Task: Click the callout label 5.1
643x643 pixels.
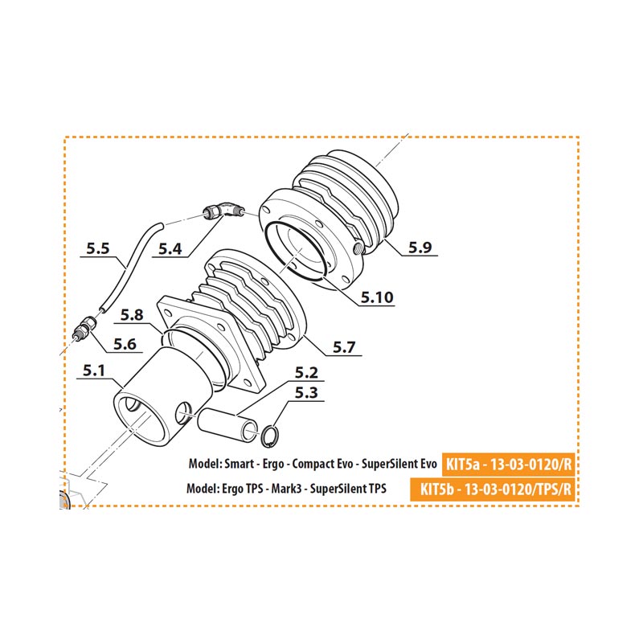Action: pyautogui.click(x=94, y=371)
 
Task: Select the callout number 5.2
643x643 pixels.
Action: pyautogui.click(x=306, y=373)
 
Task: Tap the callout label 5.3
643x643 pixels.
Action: pyautogui.click(x=306, y=393)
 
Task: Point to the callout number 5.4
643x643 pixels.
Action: pyautogui.click(x=170, y=249)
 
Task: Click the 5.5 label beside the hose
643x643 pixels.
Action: pyautogui.click(x=98, y=248)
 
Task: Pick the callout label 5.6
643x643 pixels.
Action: pyautogui.click(x=125, y=344)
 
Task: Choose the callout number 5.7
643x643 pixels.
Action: pyautogui.click(x=344, y=347)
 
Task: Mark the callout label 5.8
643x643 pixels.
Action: pyautogui.click(x=132, y=315)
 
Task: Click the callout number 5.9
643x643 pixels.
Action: pyautogui.click(x=420, y=248)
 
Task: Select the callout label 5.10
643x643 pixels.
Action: pyautogui.click(x=377, y=297)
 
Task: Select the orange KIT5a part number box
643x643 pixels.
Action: pyautogui.click(x=508, y=465)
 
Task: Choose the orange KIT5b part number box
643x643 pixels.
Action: pyautogui.click(x=492, y=489)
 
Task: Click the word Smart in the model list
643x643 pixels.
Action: pyautogui.click(x=239, y=465)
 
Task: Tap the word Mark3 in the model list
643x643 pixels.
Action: pyautogui.click(x=286, y=489)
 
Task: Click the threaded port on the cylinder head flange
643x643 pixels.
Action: pyautogui.click(x=358, y=247)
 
